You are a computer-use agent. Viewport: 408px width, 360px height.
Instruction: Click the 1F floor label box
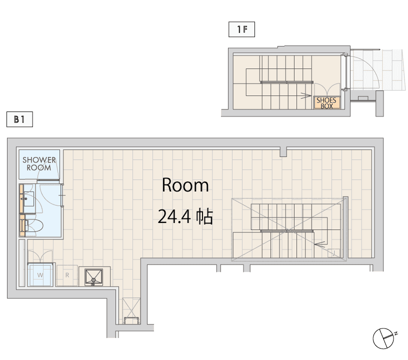coord(241,29)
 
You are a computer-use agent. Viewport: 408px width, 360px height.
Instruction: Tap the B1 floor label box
coord(19,119)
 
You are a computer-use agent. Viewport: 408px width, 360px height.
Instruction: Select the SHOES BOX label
coord(326,103)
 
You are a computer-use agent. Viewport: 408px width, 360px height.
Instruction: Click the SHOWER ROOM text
coord(39,164)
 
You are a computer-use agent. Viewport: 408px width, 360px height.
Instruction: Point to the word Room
coord(185,185)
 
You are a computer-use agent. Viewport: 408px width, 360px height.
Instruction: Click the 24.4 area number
coord(174,216)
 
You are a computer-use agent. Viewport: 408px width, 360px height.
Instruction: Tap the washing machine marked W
coord(40,274)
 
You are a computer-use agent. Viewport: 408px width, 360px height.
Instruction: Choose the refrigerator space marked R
coord(67,275)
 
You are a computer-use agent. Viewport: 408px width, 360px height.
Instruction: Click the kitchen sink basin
coord(94,277)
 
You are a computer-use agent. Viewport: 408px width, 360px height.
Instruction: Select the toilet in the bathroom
coord(34,225)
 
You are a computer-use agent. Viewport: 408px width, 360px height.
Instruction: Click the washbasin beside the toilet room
coord(29,198)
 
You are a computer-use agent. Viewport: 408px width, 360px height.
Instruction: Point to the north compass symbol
coord(383,338)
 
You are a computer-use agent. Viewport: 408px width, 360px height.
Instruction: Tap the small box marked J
coord(333,253)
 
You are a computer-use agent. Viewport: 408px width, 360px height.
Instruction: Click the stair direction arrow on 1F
coord(305,95)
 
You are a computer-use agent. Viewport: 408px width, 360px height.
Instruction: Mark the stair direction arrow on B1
coord(320,244)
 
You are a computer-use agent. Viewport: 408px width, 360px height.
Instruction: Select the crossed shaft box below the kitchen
coord(131,311)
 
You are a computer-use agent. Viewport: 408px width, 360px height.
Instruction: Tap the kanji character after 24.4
coord(204,216)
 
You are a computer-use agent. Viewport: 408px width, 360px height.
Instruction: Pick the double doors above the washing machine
coord(40,256)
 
